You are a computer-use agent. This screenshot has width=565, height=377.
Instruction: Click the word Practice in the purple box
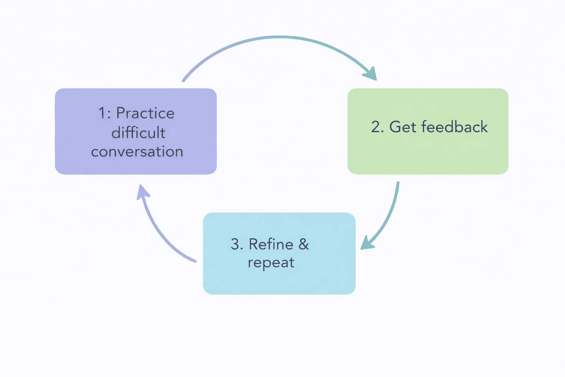click(x=145, y=113)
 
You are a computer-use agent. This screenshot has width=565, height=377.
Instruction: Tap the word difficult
click(x=138, y=133)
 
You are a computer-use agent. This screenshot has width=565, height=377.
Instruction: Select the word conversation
click(x=137, y=152)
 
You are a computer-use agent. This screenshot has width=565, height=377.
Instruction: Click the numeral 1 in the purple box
click(x=102, y=113)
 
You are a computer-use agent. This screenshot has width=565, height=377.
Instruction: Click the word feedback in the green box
click(x=454, y=127)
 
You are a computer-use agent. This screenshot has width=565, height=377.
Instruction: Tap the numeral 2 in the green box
click(x=376, y=127)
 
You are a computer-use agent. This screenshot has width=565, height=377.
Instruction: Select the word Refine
click(x=271, y=244)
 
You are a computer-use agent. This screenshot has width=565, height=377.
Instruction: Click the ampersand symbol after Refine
click(x=304, y=244)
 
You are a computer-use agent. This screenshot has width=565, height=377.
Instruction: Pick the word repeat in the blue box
click(x=271, y=263)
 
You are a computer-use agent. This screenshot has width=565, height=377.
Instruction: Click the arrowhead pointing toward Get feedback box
click(x=371, y=74)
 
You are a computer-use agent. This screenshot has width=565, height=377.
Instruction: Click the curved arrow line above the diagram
click(x=280, y=37)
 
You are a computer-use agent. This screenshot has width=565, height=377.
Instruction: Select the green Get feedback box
click(x=428, y=155)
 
